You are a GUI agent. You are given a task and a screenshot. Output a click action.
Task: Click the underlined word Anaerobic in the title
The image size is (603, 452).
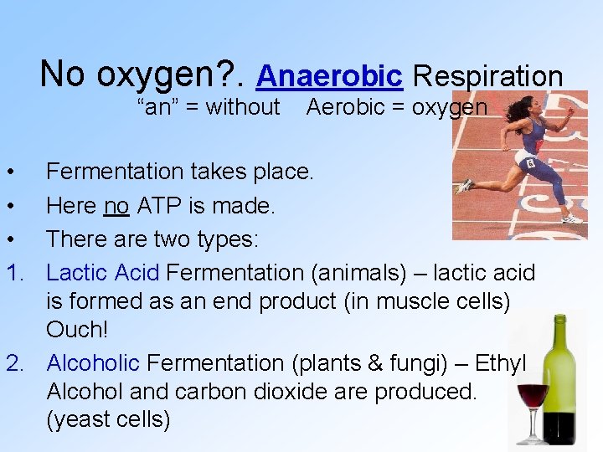pos(329,76)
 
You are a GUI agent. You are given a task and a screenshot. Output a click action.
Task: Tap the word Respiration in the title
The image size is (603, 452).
pos(487,76)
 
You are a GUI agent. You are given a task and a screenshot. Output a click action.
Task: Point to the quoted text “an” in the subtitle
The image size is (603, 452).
pos(155,107)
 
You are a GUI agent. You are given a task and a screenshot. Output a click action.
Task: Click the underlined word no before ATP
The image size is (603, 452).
pos(116,205)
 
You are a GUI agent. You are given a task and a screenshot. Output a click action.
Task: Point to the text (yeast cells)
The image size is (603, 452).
pos(108,419)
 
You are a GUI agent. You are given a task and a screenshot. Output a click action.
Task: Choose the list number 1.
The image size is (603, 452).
pos(13,272)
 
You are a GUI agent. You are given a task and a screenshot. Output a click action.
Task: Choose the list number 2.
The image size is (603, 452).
pos(13,363)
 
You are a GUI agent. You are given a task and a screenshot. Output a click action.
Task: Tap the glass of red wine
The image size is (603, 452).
pos(533,403)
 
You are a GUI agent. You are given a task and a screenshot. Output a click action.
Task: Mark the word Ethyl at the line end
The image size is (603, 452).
pos(501,363)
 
